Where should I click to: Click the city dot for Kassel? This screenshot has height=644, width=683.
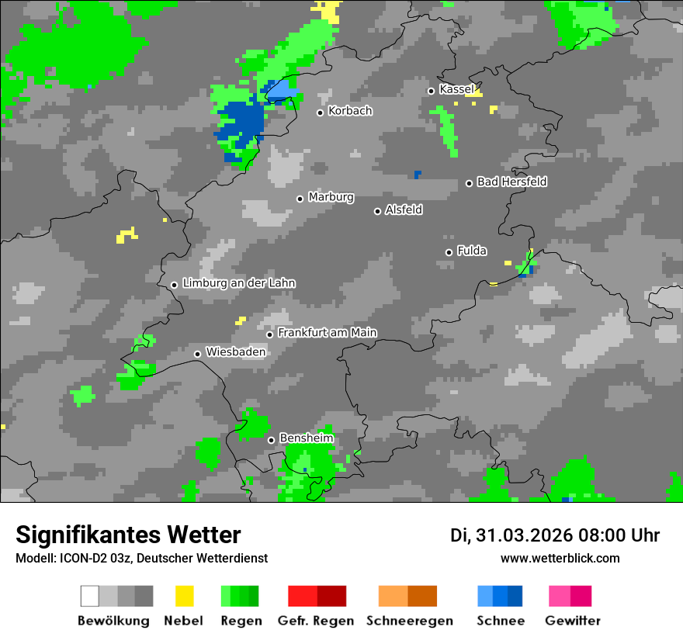point(431,91)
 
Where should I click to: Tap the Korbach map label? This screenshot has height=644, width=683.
point(350,111)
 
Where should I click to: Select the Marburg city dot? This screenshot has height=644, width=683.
point(300,199)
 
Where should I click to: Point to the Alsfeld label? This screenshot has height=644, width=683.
point(404,209)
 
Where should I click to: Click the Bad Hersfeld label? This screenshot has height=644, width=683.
point(511,182)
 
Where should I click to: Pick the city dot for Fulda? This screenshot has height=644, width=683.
point(449,252)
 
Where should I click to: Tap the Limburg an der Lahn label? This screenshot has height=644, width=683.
point(238,283)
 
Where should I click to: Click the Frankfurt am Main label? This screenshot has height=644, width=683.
point(327,333)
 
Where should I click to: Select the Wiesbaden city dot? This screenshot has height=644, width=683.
point(197,354)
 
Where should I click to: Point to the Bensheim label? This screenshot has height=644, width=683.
point(306,438)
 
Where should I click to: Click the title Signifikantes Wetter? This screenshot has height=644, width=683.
point(128,535)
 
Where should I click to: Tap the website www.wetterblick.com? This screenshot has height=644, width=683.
point(560,559)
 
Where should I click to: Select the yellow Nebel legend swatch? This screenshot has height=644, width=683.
point(184,596)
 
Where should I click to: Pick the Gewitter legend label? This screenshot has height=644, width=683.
point(572,621)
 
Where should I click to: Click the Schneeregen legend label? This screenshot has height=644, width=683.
point(409,621)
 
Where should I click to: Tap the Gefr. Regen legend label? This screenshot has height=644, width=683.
point(316,621)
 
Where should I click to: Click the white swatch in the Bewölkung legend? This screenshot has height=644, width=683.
point(90,596)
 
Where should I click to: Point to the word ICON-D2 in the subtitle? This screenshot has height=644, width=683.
point(76,559)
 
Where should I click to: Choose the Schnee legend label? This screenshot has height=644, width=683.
point(501,621)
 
